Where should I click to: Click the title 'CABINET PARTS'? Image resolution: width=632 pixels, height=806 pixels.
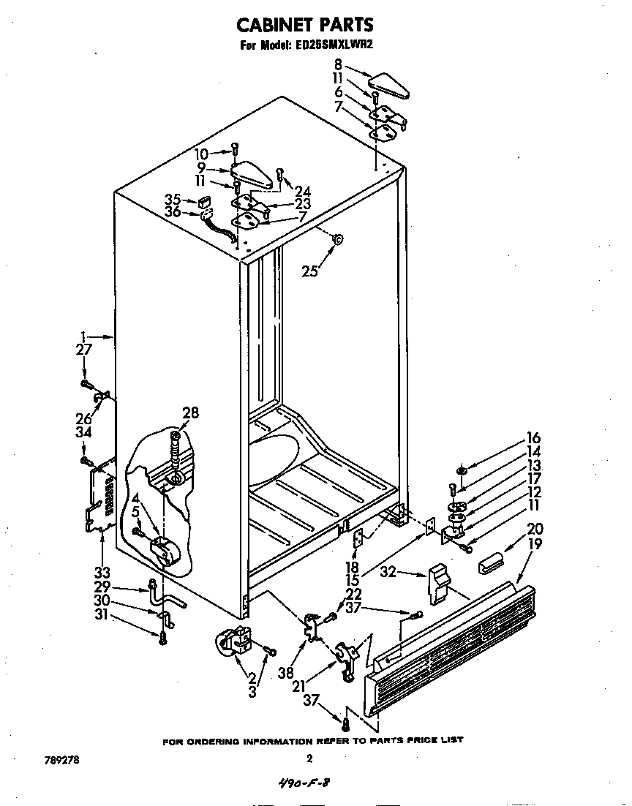[x=305, y=25]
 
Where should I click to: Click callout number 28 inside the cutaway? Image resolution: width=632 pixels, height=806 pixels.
[x=190, y=413]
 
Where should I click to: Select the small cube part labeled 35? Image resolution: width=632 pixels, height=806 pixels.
[x=203, y=201]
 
